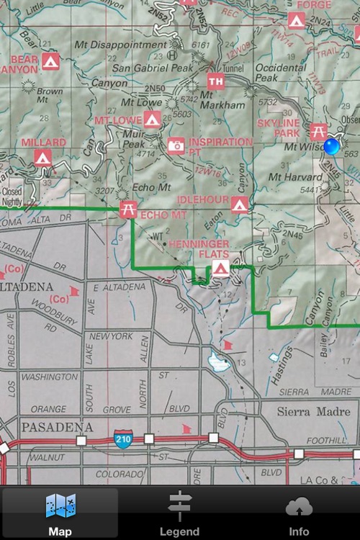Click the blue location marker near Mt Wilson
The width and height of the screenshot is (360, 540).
pyautogui.click(x=332, y=147)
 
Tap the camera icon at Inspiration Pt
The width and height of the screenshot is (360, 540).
pyautogui.click(x=176, y=146)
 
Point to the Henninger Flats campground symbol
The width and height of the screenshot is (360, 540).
pyautogui.click(x=220, y=269)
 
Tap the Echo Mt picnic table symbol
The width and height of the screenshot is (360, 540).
pyautogui.click(x=128, y=210)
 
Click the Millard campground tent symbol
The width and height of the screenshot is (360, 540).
pyautogui.click(x=42, y=156)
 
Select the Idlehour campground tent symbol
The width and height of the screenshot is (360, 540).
pyautogui.click(x=240, y=204)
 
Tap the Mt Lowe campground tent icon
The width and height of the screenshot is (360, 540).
pyautogui.click(x=151, y=120)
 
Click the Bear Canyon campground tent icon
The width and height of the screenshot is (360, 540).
pyautogui.click(x=50, y=63)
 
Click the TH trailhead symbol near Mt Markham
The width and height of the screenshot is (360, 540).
pyautogui.click(x=215, y=81)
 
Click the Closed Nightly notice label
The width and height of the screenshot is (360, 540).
pyautogui.click(x=12, y=197)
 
